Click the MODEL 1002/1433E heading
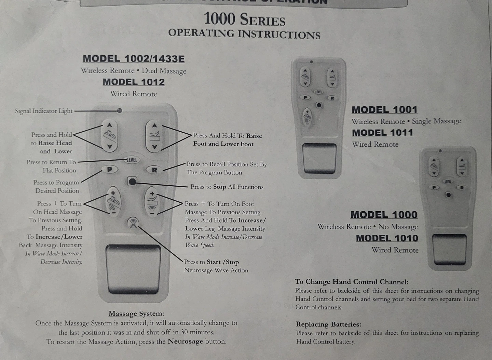pyautogui.click(x=134, y=59)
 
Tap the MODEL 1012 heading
pyautogui.click(x=134, y=82)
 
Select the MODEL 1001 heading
pyautogui.click(x=385, y=110)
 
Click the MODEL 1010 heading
pyautogui.click(x=387, y=238)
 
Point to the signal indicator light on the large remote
pyautogui.click(x=120, y=110)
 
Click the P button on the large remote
pyautogui.click(x=110, y=169)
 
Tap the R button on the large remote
pyautogui.click(x=154, y=170)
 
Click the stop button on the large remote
pyautogui.click(x=132, y=182)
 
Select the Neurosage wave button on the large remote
pyautogui.click(x=133, y=223)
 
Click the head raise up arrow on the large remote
pyautogui.click(x=109, y=125)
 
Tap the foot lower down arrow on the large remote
pyautogui.click(x=155, y=147)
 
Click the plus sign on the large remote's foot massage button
pyautogui.click(x=152, y=194)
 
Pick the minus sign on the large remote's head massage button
pyautogui.click(x=113, y=213)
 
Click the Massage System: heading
pyautogui.click(x=136, y=314)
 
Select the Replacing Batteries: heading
pyautogui.click(x=328, y=324)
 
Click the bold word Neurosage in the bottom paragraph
pyautogui.click(x=185, y=341)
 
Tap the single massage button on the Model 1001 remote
pyautogui.click(x=307, y=117)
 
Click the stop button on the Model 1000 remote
pyautogui.click(x=448, y=195)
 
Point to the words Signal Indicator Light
pyautogui.click(x=44, y=111)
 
